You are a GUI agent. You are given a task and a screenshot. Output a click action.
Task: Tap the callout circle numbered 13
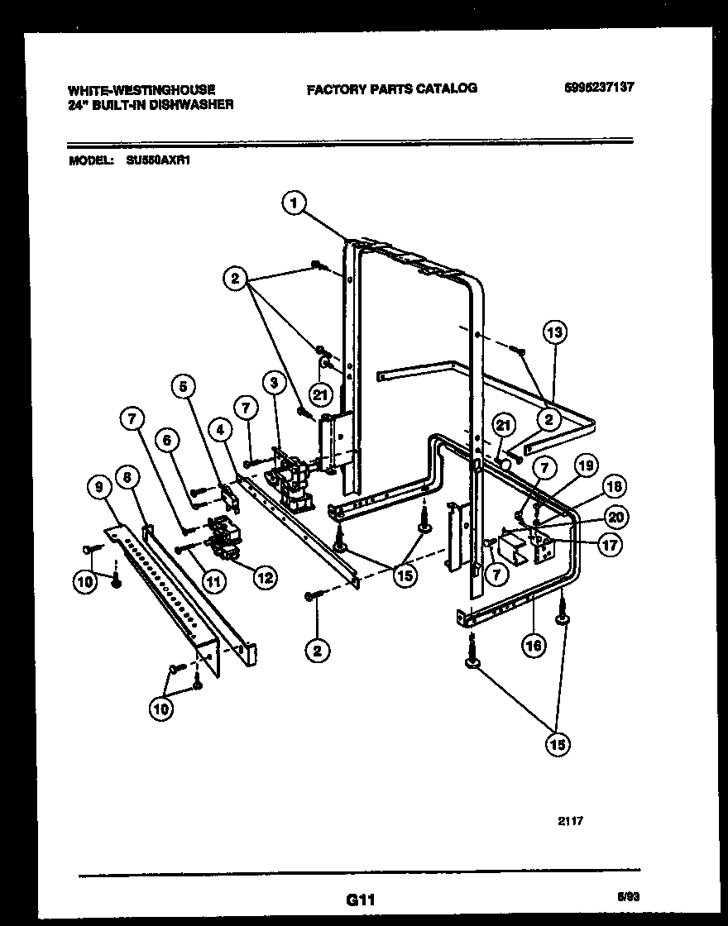(x=554, y=332)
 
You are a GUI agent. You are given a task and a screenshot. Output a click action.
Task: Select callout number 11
(x=213, y=581)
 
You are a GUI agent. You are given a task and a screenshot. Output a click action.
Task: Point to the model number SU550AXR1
(x=159, y=162)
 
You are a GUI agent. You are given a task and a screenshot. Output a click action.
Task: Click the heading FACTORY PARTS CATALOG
(x=391, y=88)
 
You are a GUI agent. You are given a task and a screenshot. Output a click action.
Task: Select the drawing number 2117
(x=570, y=821)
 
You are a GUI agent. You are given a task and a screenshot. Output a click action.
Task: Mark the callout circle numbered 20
(x=615, y=517)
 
